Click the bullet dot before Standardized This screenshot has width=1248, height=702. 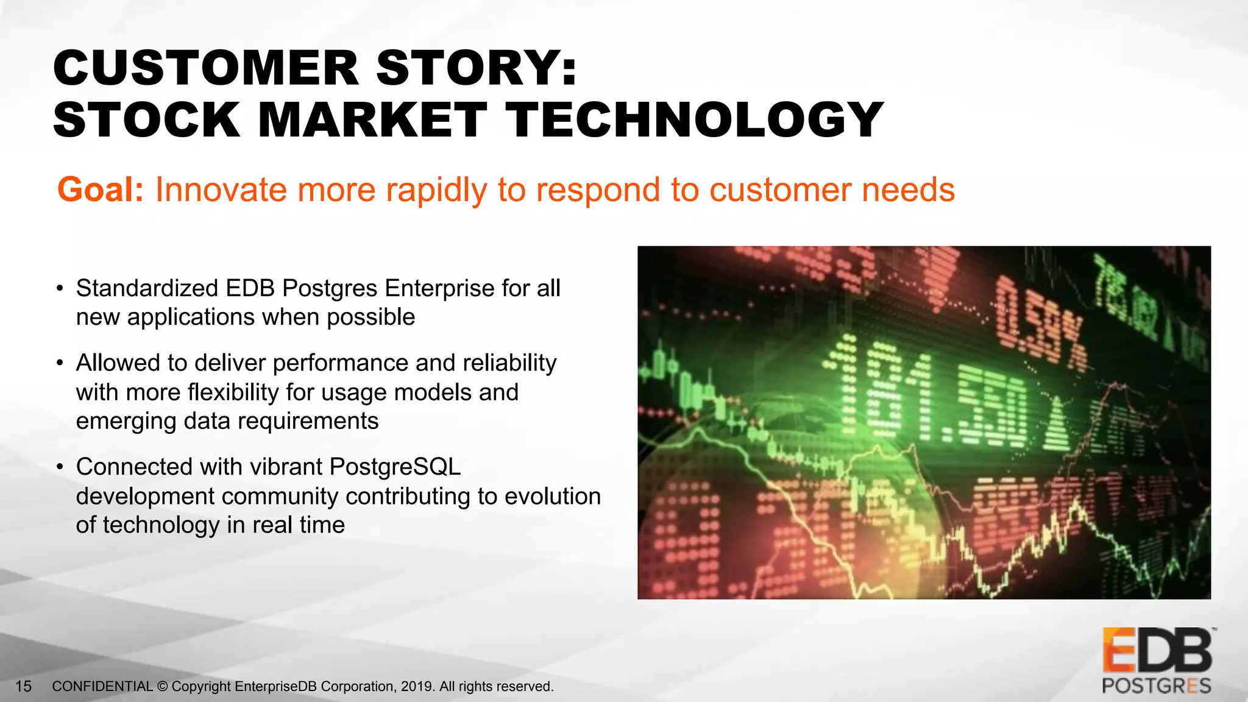(x=60, y=289)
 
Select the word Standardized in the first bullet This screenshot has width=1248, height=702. (x=147, y=288)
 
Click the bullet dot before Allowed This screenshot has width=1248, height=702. (x=60, y=364)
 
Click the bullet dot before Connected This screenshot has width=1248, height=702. (x=60, y=467)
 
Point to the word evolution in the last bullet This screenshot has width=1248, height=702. (x=553, y=496)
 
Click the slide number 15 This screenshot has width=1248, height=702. (x=23, y=687)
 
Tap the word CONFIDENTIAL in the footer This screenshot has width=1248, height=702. (x=102, y=687)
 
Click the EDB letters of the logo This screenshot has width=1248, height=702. (x=1157, y=651)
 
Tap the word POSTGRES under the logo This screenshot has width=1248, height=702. (x=1156, y=686)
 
